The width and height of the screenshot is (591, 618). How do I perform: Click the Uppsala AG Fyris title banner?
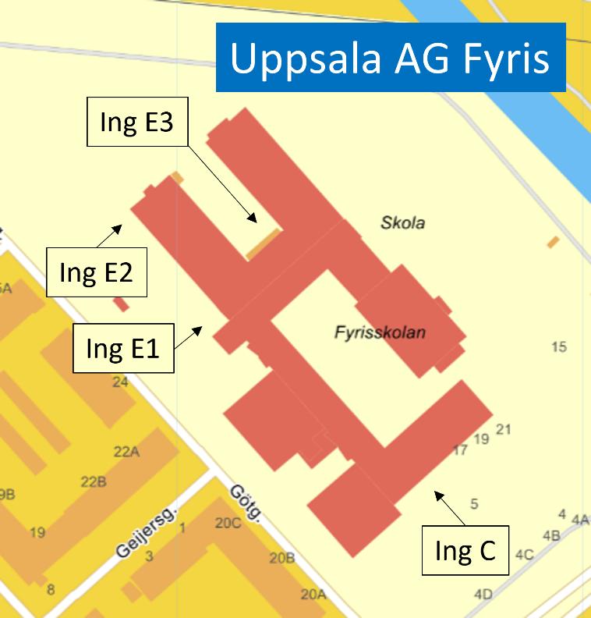[x=390, y=59]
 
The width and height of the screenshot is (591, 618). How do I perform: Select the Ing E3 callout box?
[x=136, y=122]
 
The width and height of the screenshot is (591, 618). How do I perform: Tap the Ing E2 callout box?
[x=97, y=272]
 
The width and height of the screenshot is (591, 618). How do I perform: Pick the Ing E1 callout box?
[x=122, y=348]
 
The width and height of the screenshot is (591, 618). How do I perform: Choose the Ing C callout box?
[x=465, y=551]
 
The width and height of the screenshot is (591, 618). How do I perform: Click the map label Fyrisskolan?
[x=380, y=332]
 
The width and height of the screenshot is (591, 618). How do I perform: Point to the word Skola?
[x=402, y=223]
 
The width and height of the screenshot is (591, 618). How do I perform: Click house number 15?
[x=558, y=346]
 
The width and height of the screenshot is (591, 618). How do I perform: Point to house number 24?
[x=120, y=382]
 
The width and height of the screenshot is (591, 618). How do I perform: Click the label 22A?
[x=126, y=452]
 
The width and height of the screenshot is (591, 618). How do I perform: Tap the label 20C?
[x=228, y=523]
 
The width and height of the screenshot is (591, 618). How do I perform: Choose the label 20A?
[x=313, y=595]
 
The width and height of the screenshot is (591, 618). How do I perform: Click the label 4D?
[x=483, y=595]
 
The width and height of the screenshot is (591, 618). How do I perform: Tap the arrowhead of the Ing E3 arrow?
[x=253, y=220]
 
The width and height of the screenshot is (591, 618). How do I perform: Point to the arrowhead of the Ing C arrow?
[x=437, y=492]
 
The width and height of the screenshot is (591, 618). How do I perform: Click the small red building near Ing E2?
[x=121, y=304]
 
